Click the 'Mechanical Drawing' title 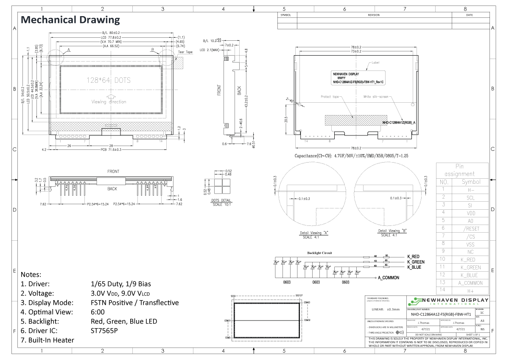tap(70, 20)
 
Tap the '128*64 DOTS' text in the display tap(109, 80)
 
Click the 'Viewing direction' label tap(109, 102)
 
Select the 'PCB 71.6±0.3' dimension tap(111, 150)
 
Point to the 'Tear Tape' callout tap(185, 52)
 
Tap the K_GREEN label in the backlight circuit tap(416, 262)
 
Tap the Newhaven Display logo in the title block tap(448, 301)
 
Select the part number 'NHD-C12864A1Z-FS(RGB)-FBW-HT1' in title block tap(441, 314)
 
